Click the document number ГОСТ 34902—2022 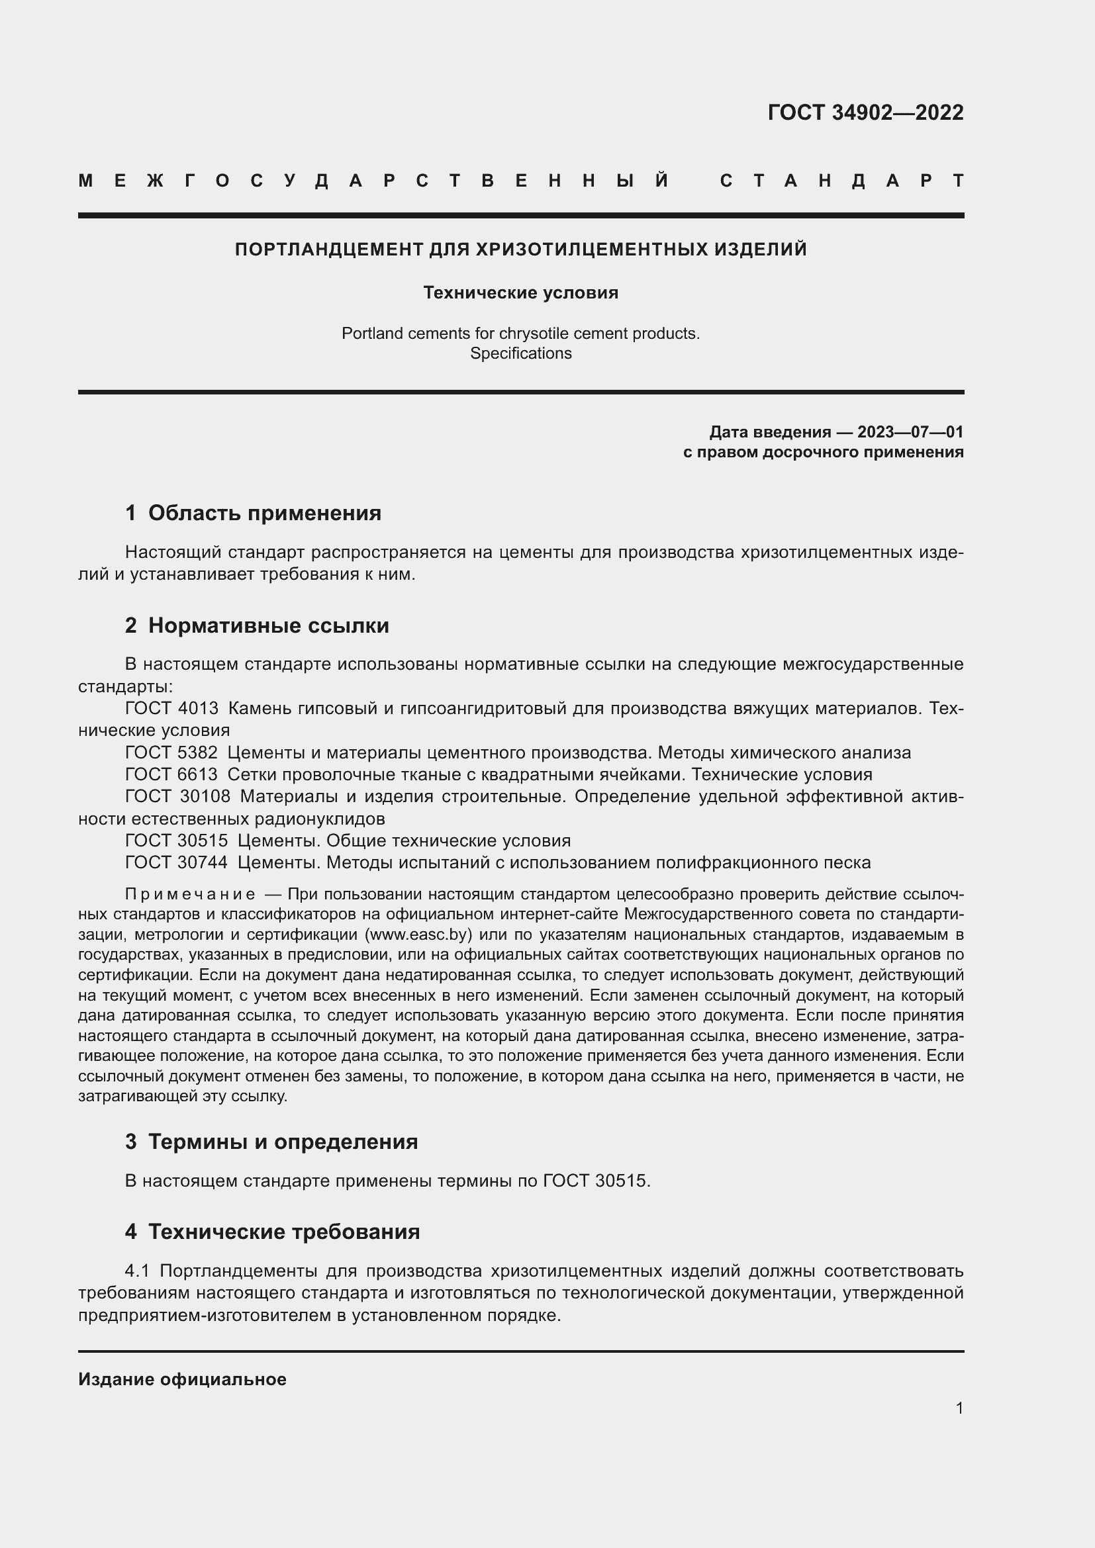pyautogui.click(x=865, y=113)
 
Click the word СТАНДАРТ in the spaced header pyautogui.click(x=841, y=181)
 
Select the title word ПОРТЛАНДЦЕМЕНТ pyautogui.click(x=329, y=250)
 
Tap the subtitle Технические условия pyautogui.click(x=520, y=293)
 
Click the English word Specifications pyautogui.click(x=520, y=353)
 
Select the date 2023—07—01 pyautogui.click(x=910, y=432)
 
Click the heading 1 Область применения pyautogui.click(x=253, y=513)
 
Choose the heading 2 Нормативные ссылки pyautogui.click(x=257, y=625)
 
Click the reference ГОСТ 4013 pyautogui.click(x=172, y=709)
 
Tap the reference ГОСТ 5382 pyautogui.click(x=171, y=752)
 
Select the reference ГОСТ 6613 pyautogui.click(x=171, y=775)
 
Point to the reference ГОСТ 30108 pyautogui.click(x=177, y=796)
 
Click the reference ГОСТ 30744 pyautogui.click(x=176, y=862)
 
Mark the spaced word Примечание pyautogui.click(x=190, y=894)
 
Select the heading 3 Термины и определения pyautogui.click(x=271, y=1142)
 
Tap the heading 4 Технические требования pyautogui.click(x=271, y=1232)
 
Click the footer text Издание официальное pyautogui.click(x=182, y=1379)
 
